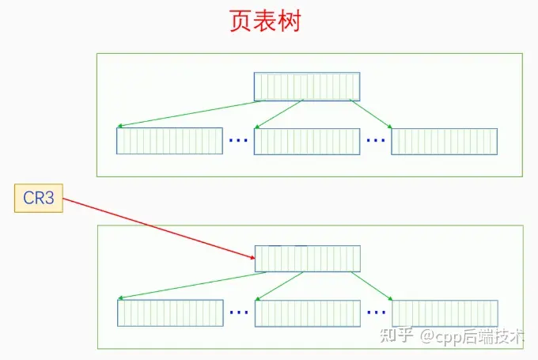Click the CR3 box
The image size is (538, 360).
(38, 198)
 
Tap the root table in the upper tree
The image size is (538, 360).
(307, 86)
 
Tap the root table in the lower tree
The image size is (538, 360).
(307, 259)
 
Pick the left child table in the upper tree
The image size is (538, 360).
(169, 141)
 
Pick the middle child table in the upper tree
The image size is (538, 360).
(307, 141)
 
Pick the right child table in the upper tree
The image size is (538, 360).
(444, 141)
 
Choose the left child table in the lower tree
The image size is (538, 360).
(170, 313)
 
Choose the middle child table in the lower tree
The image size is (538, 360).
(307, 313)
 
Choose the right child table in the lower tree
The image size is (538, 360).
(445, 313)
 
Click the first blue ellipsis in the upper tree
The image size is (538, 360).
(238, 141)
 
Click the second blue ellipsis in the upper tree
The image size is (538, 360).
(376, 141)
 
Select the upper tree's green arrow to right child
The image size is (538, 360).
(370, 113)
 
